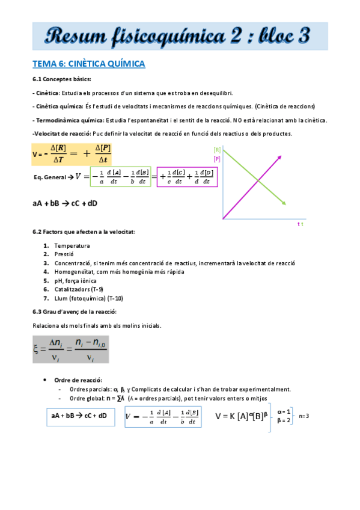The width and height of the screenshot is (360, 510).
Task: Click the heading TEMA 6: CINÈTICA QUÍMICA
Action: pyautogui.click(x=89, y=64)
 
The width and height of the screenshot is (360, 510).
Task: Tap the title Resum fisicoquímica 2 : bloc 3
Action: pyautogui.click(x=180, y=36)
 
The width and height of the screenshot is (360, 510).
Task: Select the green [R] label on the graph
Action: pyautogui.click(x=216, y=149)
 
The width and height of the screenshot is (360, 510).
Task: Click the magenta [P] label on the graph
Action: pyautogui.click(x=216, y=159)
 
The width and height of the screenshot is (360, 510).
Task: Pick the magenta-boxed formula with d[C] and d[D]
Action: pyautogui.click(x=187, y=177)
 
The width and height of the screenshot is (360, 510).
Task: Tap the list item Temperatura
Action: pyautogui.click(x=72, y=245)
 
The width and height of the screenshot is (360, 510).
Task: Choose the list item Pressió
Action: pyautogui.click(x=65, y=254)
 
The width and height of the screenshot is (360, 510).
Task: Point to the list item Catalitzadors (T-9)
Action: pyautogui.click(x=78, y=289)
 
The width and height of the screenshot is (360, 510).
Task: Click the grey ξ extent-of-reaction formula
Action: pyautogui.click(x=71, y=348)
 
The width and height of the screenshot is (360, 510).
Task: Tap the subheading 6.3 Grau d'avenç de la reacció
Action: pyautogui.click(x=75, y=312)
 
